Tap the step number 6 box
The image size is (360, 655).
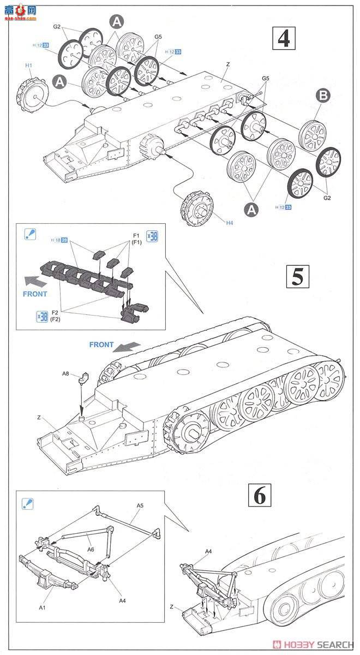[x=260, y=496]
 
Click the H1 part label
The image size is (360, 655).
[x=29, y=65]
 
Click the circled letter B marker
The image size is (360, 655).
[x=323, y=96]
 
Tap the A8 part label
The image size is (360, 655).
[x=67, y=374]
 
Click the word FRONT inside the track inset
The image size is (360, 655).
[x=35, y=294]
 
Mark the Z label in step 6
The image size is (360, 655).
[x=171, y=606]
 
